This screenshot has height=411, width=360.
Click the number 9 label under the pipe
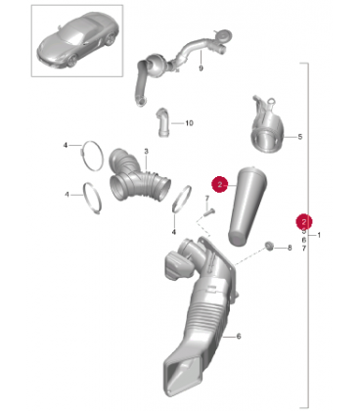(201, 68)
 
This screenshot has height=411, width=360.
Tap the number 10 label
(189, 123)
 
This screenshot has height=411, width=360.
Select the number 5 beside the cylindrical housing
(300, 137)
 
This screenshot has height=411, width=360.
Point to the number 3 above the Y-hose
(146, 152)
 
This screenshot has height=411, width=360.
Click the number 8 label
(290, 248)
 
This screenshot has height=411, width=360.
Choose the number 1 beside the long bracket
(319, 235)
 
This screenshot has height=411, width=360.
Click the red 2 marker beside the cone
(220, 184)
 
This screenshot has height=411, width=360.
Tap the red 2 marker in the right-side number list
(304, 222)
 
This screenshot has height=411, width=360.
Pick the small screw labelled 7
(209, 212)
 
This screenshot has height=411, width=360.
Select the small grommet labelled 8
(269, 246)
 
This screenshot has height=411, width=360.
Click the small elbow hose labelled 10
(163, 122)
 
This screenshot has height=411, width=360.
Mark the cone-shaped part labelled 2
(247, 206)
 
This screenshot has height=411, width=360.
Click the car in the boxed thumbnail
(77, 40)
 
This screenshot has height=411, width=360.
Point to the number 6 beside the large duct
(239, 336)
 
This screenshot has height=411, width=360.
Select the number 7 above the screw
(206, 199)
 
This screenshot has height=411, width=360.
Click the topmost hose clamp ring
(92, 156)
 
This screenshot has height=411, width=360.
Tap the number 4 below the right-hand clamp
(174, 232)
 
